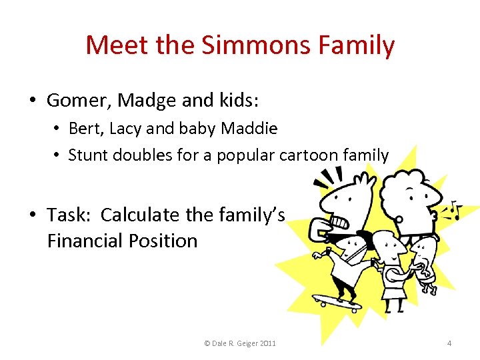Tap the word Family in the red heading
(357, 45)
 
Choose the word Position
(167, 240)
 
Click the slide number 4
(449, 343)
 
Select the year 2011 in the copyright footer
(264, 343)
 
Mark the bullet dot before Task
(32, 215)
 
